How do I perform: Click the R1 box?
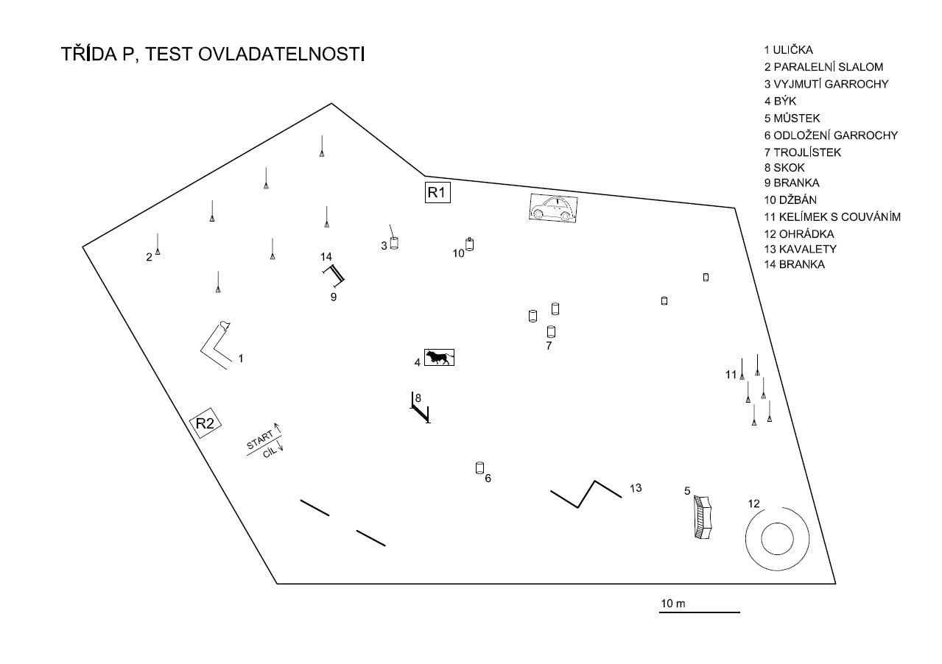tap(437, 193)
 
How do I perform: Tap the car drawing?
tap(553, 208)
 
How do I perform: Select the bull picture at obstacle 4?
tap(439, 358)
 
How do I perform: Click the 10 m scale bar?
tap(699, 612)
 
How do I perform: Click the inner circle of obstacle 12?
tap(776, 539)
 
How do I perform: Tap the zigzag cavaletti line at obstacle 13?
tap(586, 495)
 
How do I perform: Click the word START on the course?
tap(259, 442)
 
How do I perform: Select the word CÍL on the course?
tap(270, 453)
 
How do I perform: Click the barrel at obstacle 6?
tap(479, 467)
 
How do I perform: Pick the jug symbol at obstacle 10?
tap(469, 244)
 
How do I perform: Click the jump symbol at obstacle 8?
tap(419, 409)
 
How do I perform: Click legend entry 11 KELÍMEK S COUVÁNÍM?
tap(832, 216)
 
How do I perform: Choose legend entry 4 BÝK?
tap(780, 102)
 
